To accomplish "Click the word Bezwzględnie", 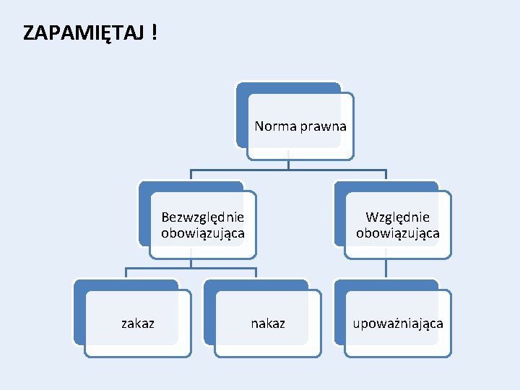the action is pyautogui.click(x=203, y=217).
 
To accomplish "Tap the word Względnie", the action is pyautogui.click(x=397, y=217).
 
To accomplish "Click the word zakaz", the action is pyautogui.click(x=137, y=324).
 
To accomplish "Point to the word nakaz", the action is pyautogui.click(x=268, y=324).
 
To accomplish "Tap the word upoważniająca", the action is pyautogui.click(x=398, y=324).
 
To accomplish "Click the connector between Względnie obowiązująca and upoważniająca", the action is pyautogui.click(x=386, y=269).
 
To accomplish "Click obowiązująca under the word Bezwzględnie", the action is pyautogui.click(x=203, y=233).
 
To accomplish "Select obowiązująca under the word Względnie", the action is pyautogui.click(x=397, y=233).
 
